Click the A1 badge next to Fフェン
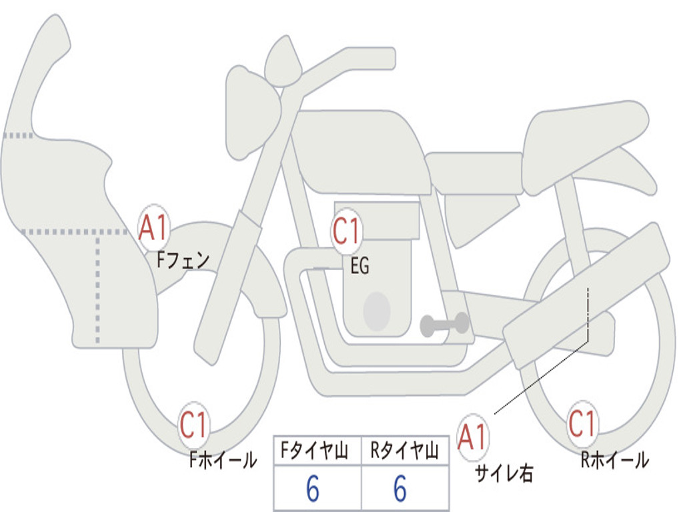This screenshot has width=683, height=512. [x=155, y=227]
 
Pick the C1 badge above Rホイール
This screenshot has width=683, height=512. [x=582, y=424]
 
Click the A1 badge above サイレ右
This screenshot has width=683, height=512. [x=473, y=437]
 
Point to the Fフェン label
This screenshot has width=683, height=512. [x=183, y=259]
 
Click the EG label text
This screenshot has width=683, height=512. [x=360, y=267]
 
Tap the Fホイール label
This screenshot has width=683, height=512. [x=223, y=459]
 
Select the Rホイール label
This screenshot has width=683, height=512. [x=614, y=459]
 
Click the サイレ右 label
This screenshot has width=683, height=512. [x=504, y=473]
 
